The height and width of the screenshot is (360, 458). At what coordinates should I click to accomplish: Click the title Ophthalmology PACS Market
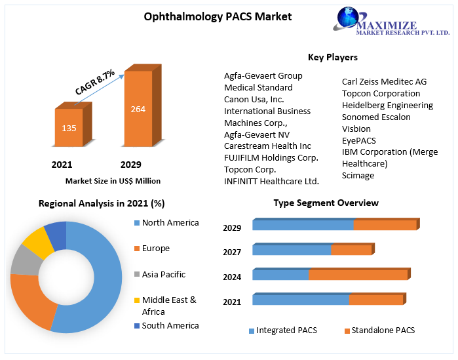tap(218, 16)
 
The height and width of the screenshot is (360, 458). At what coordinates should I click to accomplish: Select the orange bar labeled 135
tap(69, 128)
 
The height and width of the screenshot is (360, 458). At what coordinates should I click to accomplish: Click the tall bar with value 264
tap(138, 109)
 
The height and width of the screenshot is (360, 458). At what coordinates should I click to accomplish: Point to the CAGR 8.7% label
tap(95, 82)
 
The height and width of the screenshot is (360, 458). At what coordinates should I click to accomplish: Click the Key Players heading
tap(332, 57)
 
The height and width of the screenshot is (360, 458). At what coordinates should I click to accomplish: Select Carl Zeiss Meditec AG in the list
tap(384, 82)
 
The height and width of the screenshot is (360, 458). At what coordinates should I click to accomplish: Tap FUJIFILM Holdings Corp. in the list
tap(271, 157)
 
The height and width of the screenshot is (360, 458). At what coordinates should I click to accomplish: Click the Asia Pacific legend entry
tap(164, 274)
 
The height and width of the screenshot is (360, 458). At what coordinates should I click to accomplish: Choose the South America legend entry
tap(170, 325)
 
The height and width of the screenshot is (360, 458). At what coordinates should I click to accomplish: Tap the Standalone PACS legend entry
tap(383, 330)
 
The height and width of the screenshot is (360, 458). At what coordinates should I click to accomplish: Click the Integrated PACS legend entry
tap(286, 330)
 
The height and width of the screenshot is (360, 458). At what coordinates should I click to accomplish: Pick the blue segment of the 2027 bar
tap(292, 250)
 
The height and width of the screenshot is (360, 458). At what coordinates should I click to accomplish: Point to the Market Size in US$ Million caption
tap(113, 181)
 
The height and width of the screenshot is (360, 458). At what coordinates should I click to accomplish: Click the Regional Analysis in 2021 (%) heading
tap(102, 203)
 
